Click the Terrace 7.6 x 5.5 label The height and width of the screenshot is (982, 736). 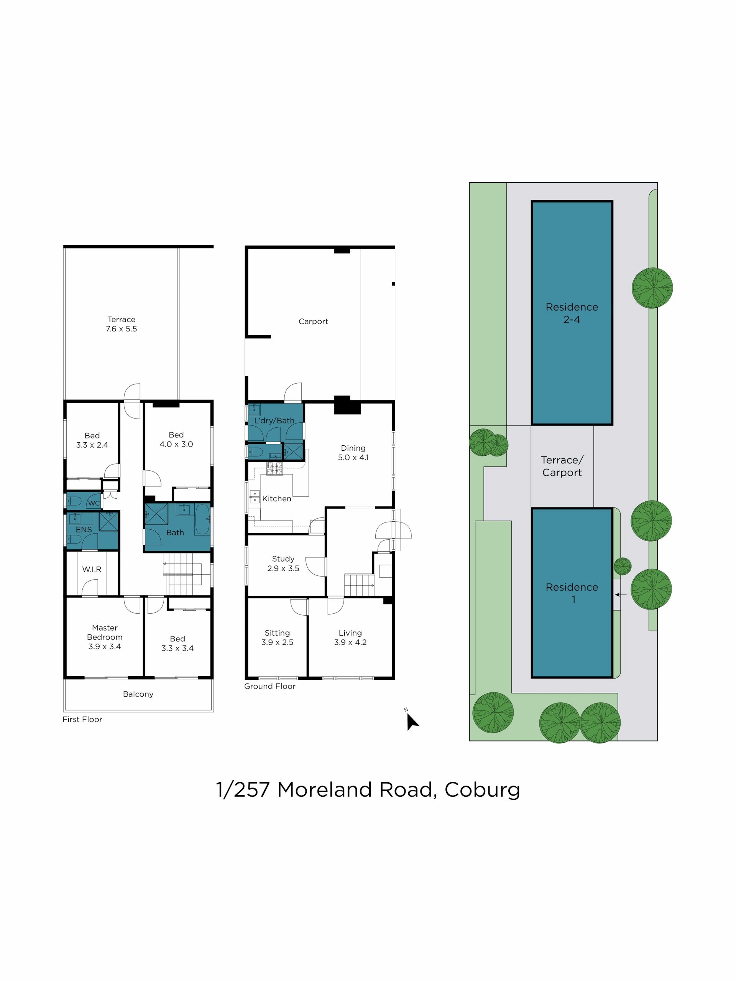pyautogui.click(x=121, y=324)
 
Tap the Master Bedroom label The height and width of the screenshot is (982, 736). pyautogui.click(x=105, y=632)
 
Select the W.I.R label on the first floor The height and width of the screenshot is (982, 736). pyautogui.click(x=92, y=569)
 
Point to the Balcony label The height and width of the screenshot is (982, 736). pyautogui.click(x=138, y=694)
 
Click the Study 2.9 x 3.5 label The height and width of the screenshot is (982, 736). pyautogui.click(x=283, y=563)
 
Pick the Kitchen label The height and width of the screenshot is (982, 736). pyautogui.click(x=276, y=499)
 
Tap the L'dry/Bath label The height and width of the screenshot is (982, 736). pyautogui.click(x=274, y=420)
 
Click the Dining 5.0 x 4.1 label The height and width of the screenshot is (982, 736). pyautogui.click(x=353, y=453)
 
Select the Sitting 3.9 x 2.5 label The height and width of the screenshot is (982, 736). pyautogui.click(x=277, y=638)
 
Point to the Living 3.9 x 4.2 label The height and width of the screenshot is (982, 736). pyautogui.click(x=350, y=638)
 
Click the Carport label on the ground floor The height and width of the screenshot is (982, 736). pyautogui.click(x=313, y=321)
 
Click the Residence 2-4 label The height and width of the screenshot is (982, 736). pyautogui.click(x=572, y=313)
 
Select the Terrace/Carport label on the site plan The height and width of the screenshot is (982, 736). pyautogui.click(x=562, y=466)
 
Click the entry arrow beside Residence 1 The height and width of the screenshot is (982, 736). pyautogui.click(x=621, y=595)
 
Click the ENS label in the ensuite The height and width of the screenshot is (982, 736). pyautogui.click(x=84, y=530)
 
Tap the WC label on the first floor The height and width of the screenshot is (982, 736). pyautogui.click(x=94, y=503)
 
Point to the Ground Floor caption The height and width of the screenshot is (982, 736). pyautogui.click(x=270, y=686)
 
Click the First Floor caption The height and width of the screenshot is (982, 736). pyautogui.click(x=82, y=719)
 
